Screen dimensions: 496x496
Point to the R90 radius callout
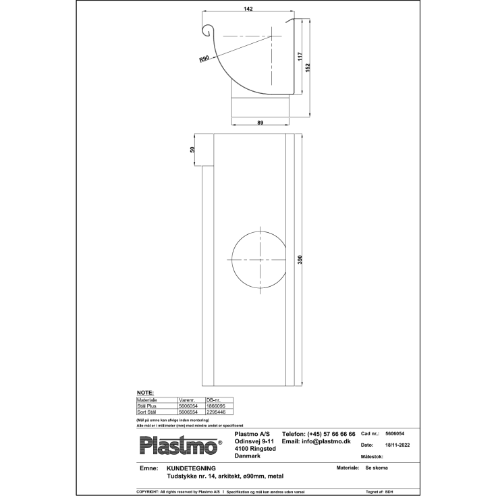204,59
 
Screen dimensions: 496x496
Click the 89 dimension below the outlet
260,122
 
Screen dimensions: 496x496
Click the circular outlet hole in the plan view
259,260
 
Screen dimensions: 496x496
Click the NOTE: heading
145,392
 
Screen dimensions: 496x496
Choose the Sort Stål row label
147,411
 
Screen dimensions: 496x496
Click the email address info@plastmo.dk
316,441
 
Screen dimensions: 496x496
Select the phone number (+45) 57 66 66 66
319,433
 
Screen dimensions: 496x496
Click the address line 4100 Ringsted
254,449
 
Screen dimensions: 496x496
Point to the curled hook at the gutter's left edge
209,30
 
